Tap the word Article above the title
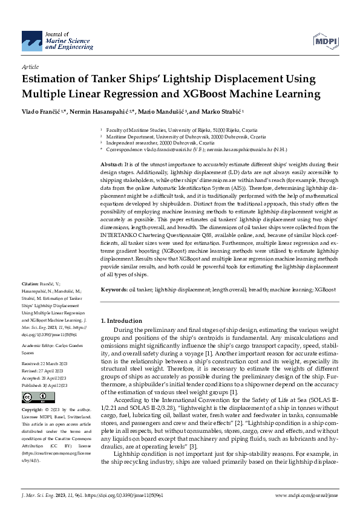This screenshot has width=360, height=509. point(30,67)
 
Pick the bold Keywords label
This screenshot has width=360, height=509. point(114,290)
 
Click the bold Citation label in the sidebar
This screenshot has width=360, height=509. point(30,284)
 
